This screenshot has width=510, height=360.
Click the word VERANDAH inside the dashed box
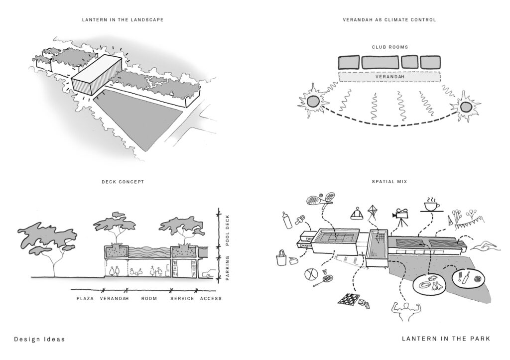[x=389, y=77]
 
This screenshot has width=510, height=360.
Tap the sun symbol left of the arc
[x=312, y=102]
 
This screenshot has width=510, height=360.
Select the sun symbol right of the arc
[x=466, y=107]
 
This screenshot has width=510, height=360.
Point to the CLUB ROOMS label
[x=389, y=47]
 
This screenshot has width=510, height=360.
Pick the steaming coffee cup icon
[x=432, y=205]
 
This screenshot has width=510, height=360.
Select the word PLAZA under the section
[x=85, y=299]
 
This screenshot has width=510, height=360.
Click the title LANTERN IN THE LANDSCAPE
[x=123, y=20]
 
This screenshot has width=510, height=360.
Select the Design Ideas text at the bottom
[x=39, y=339]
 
